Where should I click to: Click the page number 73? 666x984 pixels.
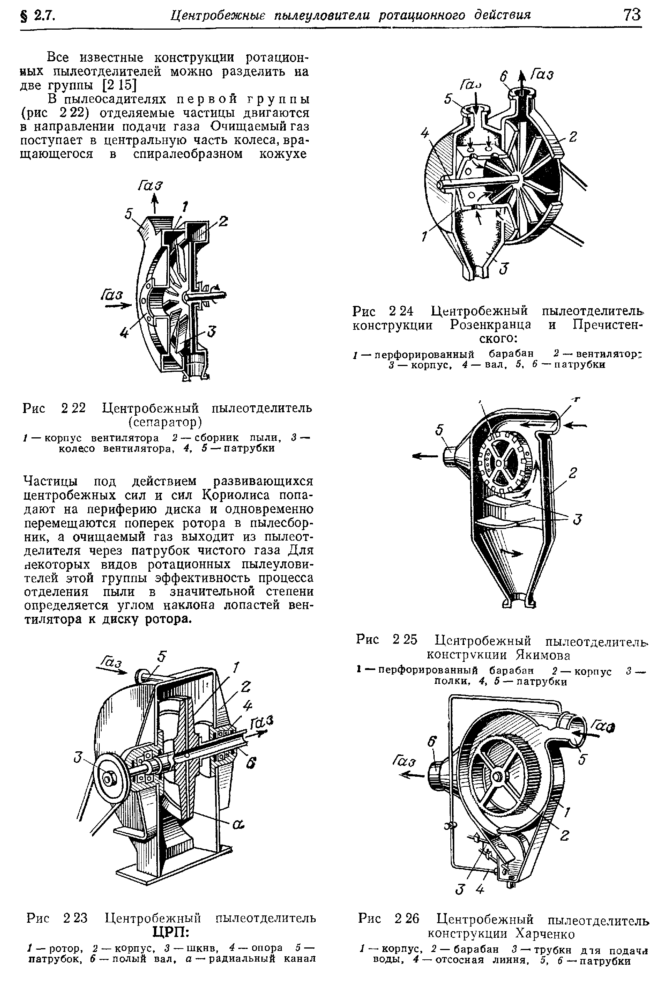[632, 15]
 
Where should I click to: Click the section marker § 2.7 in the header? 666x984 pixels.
[38, 16]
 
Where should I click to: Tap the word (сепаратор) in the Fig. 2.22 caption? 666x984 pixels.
[166, 423]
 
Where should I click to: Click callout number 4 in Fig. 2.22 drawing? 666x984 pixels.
[124, 334]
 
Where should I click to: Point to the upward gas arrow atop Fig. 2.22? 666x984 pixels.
[155, 204]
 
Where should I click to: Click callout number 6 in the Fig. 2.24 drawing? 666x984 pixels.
[503, 76]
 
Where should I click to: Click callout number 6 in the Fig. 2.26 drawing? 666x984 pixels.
[431, 742]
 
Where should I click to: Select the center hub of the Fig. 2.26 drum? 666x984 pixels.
[496, 775]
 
